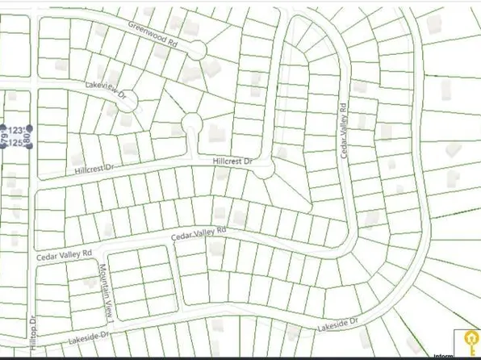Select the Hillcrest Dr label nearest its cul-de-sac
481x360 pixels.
232,161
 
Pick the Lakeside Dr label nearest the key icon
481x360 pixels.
337,327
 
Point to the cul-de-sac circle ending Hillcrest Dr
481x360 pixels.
266,169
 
